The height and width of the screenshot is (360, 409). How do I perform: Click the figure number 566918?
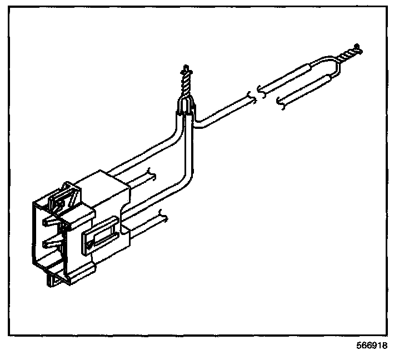point(372,345)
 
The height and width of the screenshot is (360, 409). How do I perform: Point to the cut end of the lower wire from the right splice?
point(280,102)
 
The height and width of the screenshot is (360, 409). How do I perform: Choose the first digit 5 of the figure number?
point(360,345)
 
